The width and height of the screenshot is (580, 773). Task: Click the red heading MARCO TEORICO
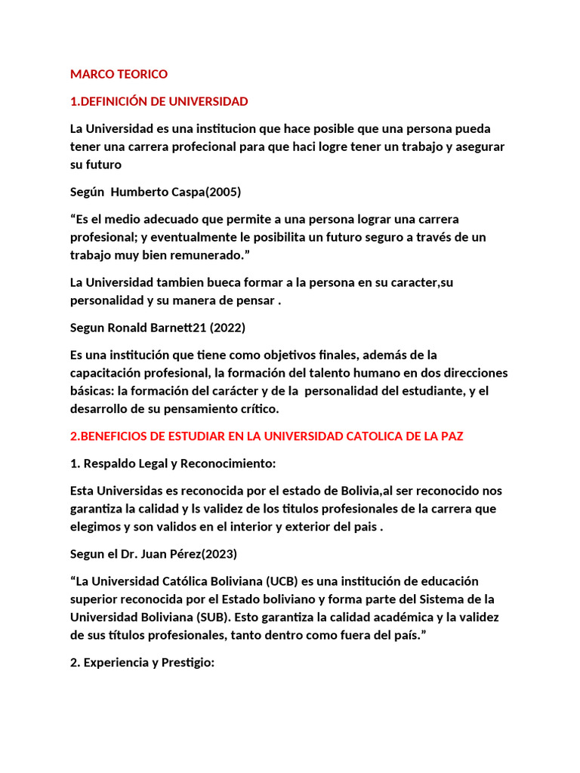click(x=119, y=74)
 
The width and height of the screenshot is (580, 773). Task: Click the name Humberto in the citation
click(x=140, y=192)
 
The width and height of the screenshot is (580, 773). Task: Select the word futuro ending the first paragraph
click(x=103, y=165)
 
